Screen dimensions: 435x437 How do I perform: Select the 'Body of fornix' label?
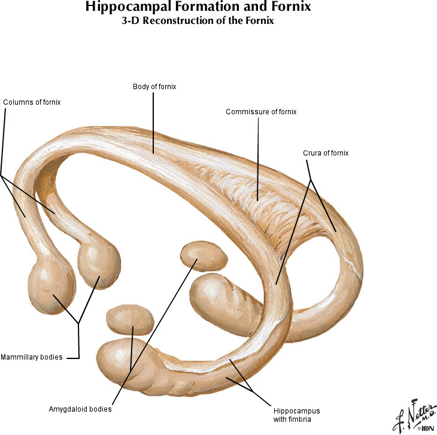(x=154, y=87)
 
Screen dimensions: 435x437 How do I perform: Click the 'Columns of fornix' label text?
(x=32, y=102)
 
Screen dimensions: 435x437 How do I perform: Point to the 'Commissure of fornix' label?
(x=261, y=112)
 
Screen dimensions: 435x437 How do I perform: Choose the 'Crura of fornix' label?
(x=326, y=153)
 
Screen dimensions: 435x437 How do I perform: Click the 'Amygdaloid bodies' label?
(x=80, y=410)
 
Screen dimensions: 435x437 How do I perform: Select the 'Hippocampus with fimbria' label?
(x=297, y=415)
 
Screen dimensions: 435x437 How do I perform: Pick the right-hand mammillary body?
(x=99, y=263)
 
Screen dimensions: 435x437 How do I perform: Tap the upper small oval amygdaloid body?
(x=204, y=255)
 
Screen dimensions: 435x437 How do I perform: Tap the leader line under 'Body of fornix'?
(x=154, y=120)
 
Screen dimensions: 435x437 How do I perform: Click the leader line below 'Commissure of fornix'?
(x=258, y=156)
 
